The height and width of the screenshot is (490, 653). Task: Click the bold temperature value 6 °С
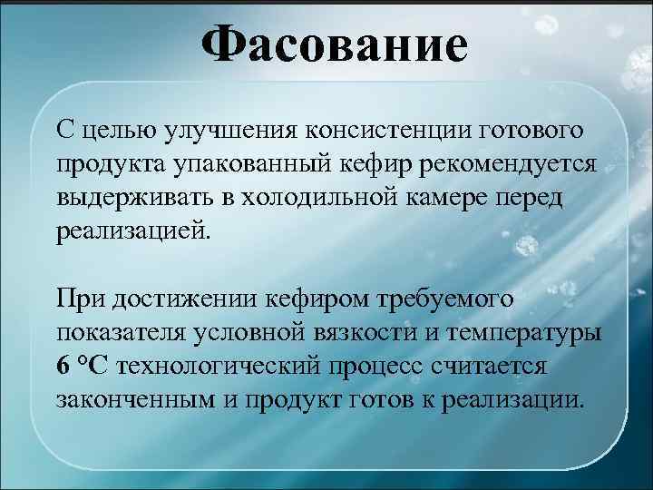coord(82,365)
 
